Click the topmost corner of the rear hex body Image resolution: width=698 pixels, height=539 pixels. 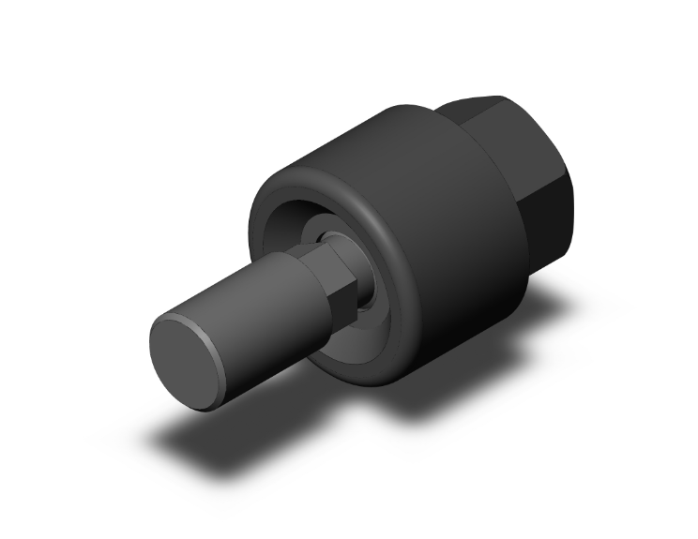point(497,96)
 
